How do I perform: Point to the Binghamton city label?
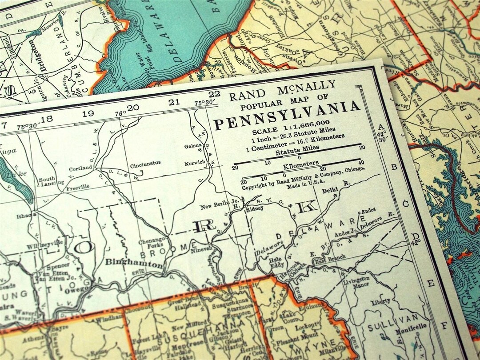pos(134,263)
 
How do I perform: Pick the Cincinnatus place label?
pos(145,164)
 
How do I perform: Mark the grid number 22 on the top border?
pos(214,94)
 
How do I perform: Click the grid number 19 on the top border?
pos(88,113)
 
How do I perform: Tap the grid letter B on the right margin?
pos(393,168)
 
